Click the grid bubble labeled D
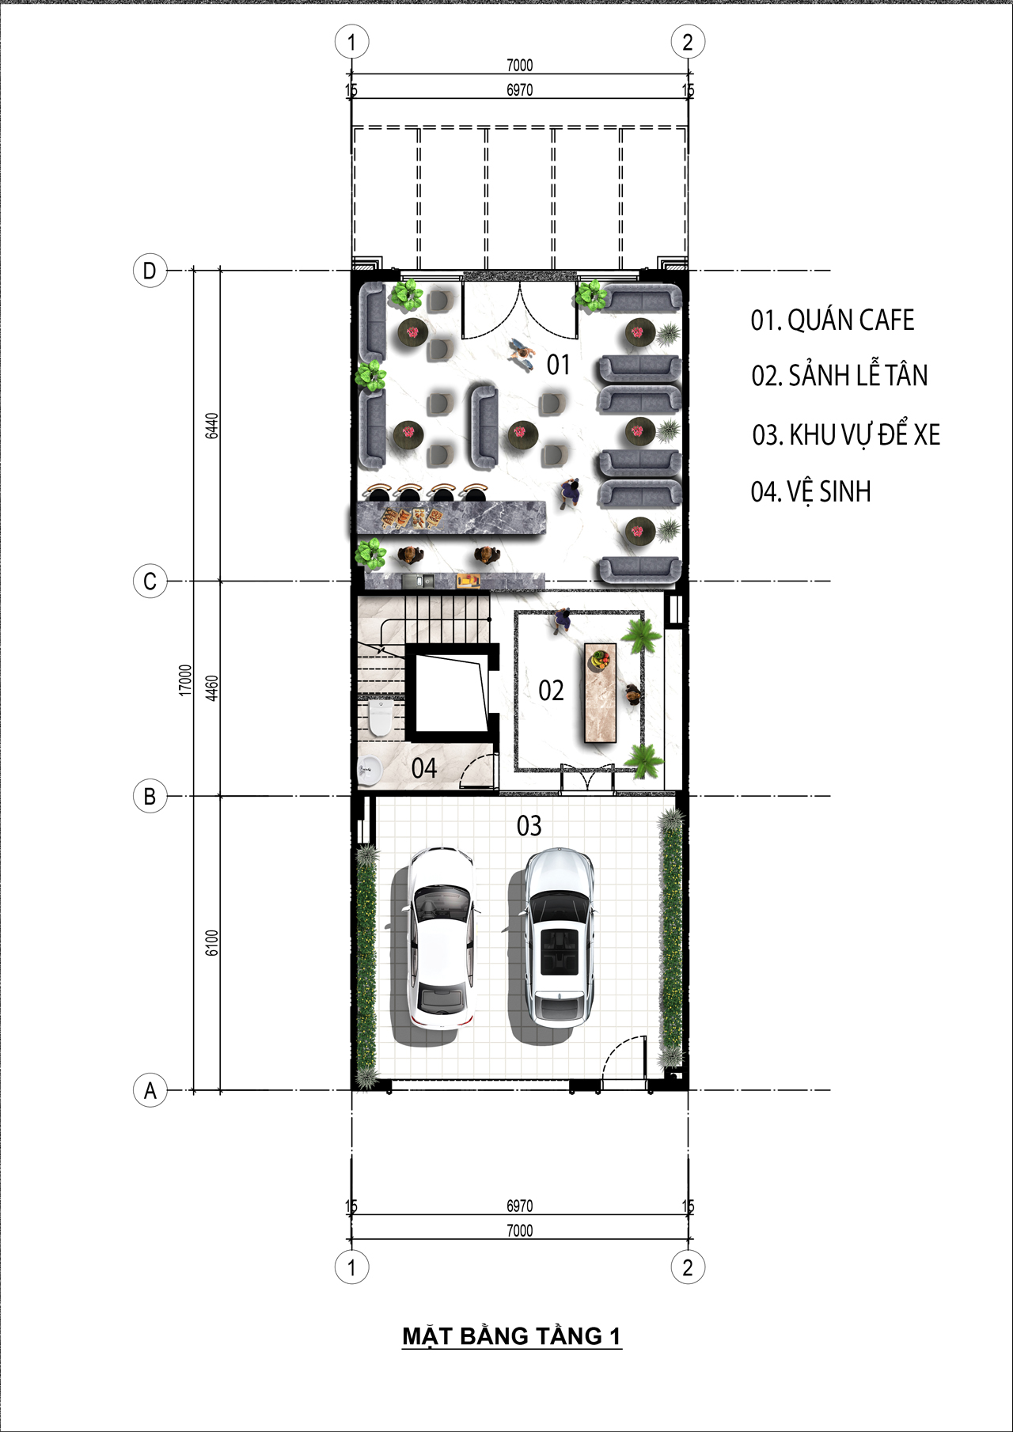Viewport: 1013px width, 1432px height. pos(150,271)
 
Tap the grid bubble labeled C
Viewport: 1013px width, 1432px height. pos(150,582)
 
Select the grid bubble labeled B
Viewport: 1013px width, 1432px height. pos(150,796)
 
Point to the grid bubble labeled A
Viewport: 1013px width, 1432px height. pos(150,1090)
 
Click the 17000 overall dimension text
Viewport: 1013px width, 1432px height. pos(185,680)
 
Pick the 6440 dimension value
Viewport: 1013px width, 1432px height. pos(211,426)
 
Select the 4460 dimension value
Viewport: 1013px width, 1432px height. pos(211,688)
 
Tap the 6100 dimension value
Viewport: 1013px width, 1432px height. pos(211,942)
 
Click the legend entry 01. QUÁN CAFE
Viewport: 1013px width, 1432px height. pos(833,320)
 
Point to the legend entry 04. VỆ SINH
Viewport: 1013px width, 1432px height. pos(810,491)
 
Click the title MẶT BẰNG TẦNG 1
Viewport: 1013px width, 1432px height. pos(512,1336)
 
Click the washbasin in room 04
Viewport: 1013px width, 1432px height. pos(369,769)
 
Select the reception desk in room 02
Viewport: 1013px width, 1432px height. pos(600,693)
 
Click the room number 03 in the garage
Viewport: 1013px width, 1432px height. pos(529,826)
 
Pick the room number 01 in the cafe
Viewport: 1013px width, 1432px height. pos(558,365)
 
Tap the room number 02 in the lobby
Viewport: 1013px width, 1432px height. pos(551,691)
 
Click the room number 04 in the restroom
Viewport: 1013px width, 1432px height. pos(423,768)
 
